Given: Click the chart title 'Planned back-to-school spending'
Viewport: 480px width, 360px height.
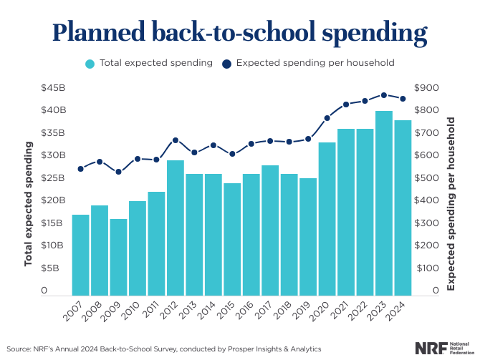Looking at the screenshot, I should point(240,32).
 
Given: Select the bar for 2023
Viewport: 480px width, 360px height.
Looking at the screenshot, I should point(384,203).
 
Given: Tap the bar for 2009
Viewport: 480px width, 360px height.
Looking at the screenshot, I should point(119,257).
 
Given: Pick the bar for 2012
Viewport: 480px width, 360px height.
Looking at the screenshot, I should point(175,228).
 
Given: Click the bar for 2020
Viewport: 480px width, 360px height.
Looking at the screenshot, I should point(327,219).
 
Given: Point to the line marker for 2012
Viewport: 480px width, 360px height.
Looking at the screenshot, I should point(175,140).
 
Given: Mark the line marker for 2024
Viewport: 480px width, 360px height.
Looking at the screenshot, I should point(403,99).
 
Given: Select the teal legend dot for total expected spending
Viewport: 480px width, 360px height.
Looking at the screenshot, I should point(90,63).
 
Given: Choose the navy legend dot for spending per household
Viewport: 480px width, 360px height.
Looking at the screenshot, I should point(227,63).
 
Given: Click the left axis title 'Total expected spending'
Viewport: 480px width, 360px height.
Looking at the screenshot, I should point(29,204).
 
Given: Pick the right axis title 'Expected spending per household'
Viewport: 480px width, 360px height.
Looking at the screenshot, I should point(451,204).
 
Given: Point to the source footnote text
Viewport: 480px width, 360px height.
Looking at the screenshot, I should point(165,349).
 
